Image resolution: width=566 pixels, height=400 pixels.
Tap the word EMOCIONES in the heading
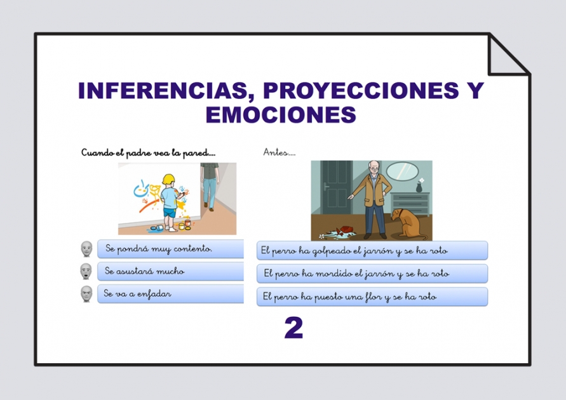point(280,115)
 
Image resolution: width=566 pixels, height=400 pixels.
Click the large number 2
point(293,328)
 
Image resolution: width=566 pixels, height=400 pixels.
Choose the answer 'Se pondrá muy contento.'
point(170,249)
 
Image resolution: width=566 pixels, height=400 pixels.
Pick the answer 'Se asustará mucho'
point(170,272)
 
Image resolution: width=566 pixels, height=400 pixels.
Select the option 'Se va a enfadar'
point(170,294)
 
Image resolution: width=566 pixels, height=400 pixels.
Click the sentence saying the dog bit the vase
point(372,274)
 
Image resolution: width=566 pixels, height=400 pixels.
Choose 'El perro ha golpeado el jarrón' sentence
point(372,250)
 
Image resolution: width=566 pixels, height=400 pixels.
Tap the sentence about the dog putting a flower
point(372,297)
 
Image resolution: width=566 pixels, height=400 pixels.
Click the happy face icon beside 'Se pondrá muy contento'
point(86,249)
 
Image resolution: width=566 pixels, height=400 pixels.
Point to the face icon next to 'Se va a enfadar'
point(86,294)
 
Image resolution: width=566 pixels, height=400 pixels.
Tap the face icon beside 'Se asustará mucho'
point(86,272)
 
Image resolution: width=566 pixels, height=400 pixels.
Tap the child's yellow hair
point(168,179)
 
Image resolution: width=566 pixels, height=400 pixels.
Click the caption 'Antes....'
point(279,152)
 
